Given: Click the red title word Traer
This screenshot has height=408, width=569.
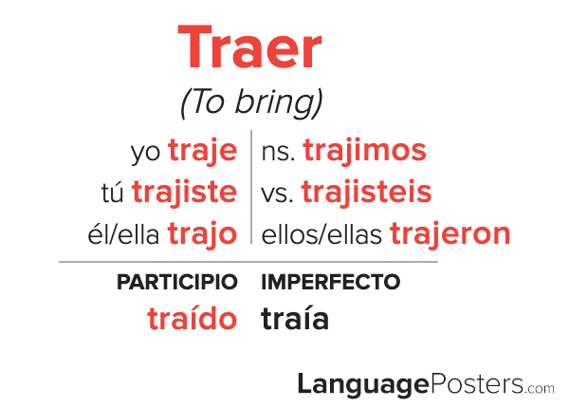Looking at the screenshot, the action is [x=249, y=46].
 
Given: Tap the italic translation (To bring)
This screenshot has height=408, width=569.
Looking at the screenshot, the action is [x=251, y=102].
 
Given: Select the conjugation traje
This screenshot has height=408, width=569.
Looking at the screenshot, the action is [x=203, y=152].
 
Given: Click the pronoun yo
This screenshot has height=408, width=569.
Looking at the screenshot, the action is [x=145, y=153].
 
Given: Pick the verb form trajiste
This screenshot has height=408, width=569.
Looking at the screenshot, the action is [x=184, y=193].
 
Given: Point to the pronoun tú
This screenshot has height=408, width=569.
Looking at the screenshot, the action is [x=112, y=193].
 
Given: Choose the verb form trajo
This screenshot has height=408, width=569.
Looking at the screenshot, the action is [x=203, y=234].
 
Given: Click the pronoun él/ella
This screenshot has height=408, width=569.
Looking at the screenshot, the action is [x=123, y=233].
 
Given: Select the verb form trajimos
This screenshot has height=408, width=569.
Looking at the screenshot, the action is [x=364, y=152].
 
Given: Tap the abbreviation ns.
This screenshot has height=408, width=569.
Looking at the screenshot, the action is [x=278, y=153].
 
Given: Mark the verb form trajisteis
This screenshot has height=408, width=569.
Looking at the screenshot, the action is [x=366, y=193].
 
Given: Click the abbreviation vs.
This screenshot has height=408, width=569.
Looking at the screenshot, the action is [x=277, y=195].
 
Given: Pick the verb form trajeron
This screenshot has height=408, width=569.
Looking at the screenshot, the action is [x=450, y=234].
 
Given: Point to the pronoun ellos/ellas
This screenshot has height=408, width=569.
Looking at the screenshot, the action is [x=321, y=234].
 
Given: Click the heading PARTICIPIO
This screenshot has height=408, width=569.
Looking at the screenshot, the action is [x=177, y=282].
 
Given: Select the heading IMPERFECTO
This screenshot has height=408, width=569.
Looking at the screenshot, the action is [x=331, y=282].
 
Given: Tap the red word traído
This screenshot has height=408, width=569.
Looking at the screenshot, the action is [x=193, y=317].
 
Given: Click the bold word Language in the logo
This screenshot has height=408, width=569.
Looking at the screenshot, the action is [x=363, y=385].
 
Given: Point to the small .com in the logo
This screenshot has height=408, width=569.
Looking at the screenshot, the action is [x=540, y=388].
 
